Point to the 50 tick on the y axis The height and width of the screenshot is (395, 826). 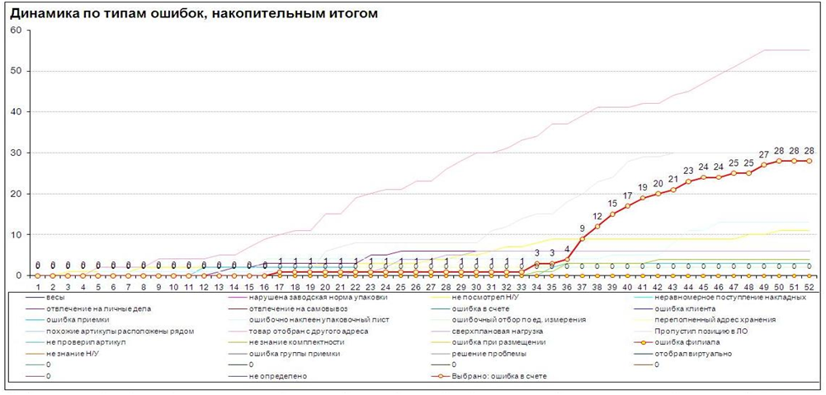17,71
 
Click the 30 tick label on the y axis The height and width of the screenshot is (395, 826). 17,153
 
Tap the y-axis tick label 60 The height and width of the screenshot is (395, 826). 17,31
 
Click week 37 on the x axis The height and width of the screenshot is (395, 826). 583,286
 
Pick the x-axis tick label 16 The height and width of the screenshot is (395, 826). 264,286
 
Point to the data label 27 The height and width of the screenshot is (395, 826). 763,154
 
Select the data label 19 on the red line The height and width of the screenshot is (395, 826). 642,187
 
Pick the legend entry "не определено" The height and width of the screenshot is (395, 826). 280,376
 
